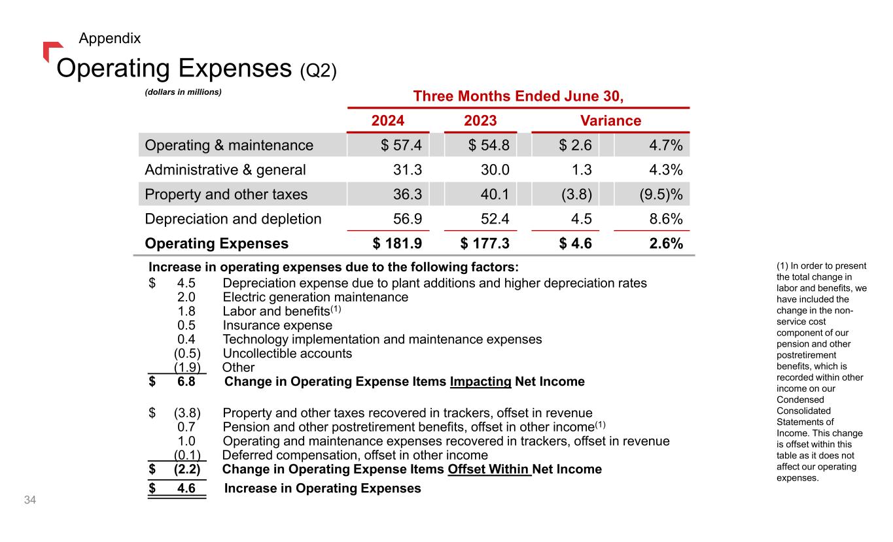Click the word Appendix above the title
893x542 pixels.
click(109, 38)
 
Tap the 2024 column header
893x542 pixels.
click(388, 121)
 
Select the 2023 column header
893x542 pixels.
click(480, 121)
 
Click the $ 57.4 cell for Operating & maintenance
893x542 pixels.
click(401, 145)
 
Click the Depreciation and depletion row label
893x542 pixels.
click(233, 219)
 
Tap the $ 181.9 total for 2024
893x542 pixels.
click(397, 244)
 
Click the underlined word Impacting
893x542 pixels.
click(480, 381)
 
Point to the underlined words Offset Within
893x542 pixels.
click(489, 469)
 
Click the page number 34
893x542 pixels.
click(29, 501)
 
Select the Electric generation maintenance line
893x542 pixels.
click(315, 297)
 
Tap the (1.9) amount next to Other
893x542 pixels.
click(187, 367)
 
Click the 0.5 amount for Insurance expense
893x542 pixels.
click(186, 326)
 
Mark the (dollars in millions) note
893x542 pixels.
click(184, 93)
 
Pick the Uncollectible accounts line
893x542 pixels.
click(287, 354)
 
